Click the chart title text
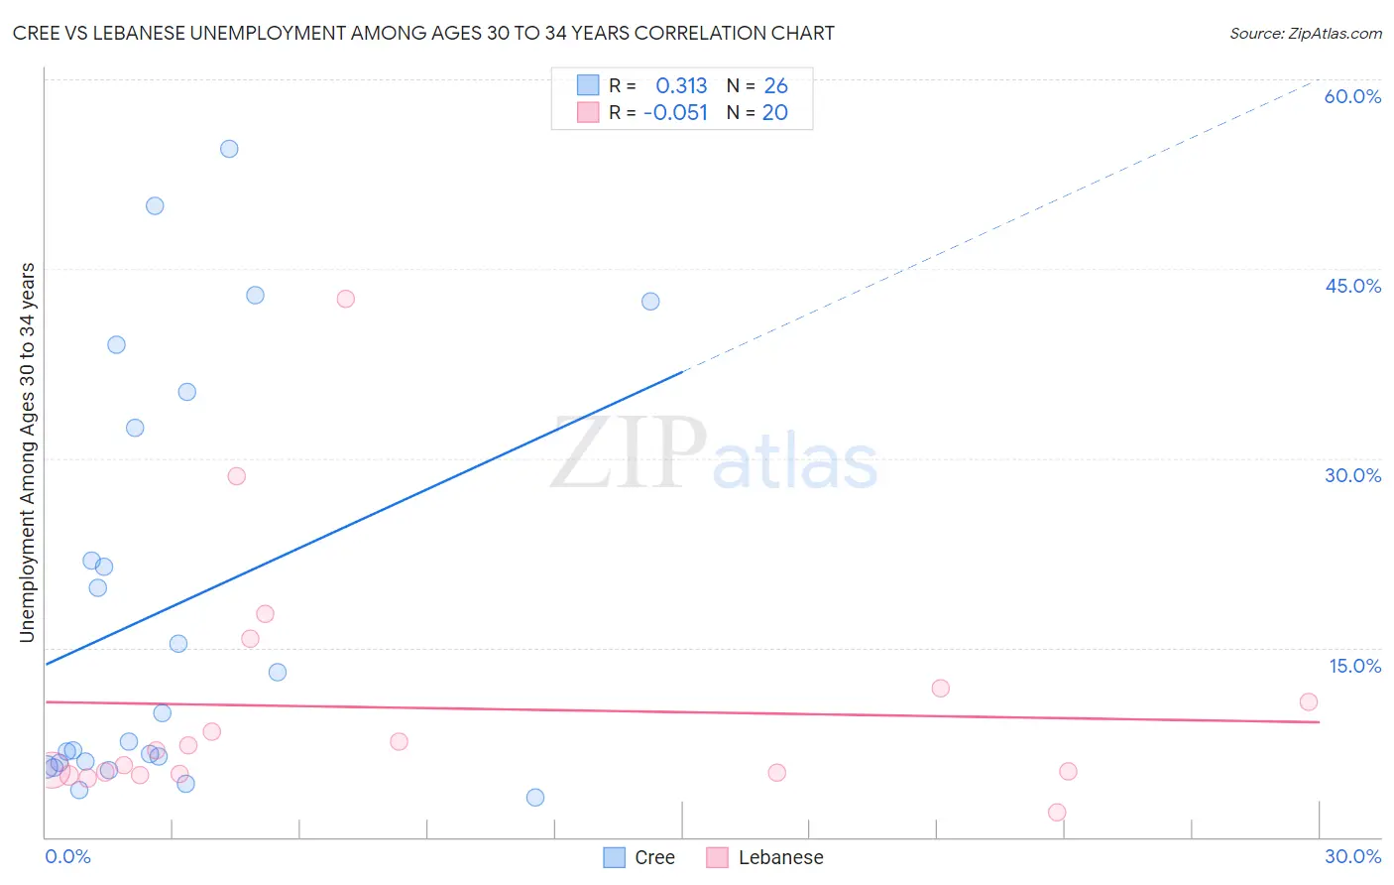(423, 33)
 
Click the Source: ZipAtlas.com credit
(1305, 33)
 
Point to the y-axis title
(27, 452)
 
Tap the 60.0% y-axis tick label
(1352, 96)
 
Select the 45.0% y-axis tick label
(1352, 286)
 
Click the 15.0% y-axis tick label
(1354, 666)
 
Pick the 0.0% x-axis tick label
(67, 856)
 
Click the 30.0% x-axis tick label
(1352, 856)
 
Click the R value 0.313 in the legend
(681, 86)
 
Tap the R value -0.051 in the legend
(675, 113)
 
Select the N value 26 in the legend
(775, 86)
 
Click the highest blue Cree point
(229, 149)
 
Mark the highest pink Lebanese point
(345, 299)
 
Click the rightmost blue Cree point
(650, 302)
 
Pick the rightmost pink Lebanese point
(1309, 701)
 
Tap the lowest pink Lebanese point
(1057, 813)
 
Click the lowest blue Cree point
(535, 798)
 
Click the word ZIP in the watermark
(628, 454)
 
